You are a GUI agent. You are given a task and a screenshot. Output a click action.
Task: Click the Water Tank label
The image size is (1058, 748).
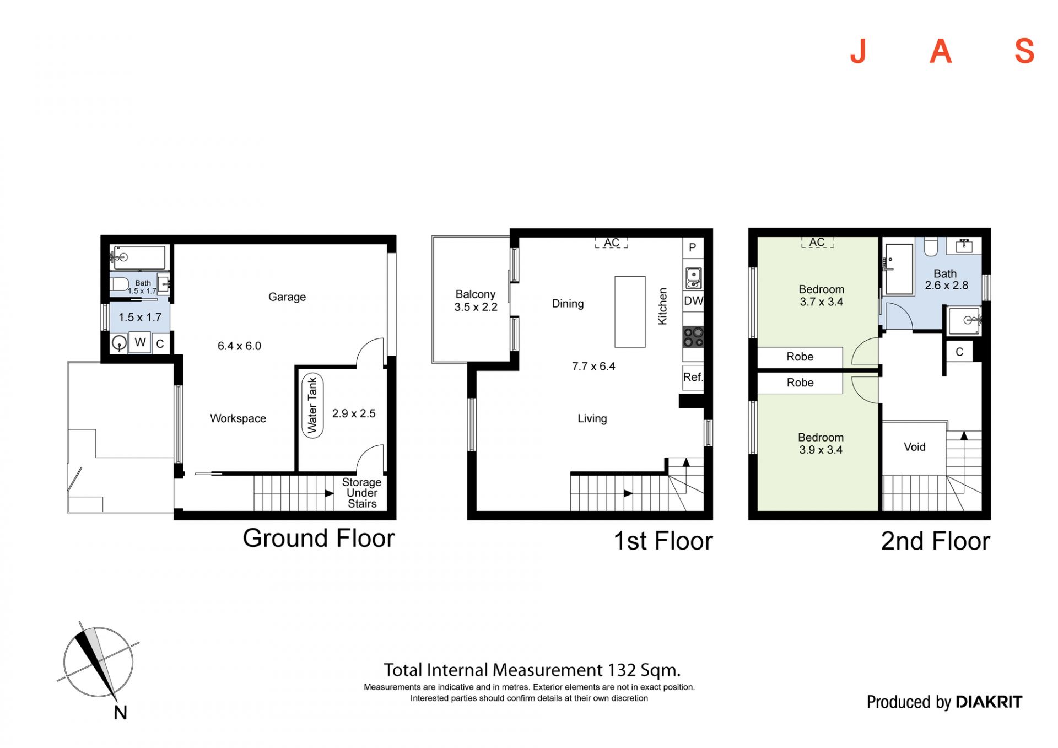coord(312,405)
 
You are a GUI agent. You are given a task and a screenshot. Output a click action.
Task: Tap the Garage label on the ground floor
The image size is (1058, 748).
coord(287,297)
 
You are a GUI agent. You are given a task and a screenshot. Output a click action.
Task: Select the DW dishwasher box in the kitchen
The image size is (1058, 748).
coord(693,301)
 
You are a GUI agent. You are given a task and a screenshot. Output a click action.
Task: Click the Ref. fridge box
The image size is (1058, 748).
coord(693,378)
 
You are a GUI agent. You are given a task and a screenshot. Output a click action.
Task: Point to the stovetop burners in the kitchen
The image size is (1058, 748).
coord(693,337)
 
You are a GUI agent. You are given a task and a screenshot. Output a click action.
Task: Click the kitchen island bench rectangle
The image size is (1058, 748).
coord(630,312)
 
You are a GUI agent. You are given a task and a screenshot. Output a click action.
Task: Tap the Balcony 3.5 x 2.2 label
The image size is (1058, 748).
coord(476,301)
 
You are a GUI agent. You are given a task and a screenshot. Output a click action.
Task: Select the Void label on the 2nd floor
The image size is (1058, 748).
coord(915,447)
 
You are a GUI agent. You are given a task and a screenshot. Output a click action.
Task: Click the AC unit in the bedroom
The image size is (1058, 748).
coord(817,242)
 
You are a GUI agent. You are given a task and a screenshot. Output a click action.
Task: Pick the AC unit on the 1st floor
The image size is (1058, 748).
coord(612,243)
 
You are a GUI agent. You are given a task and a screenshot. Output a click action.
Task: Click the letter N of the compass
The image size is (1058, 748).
coord(120,713)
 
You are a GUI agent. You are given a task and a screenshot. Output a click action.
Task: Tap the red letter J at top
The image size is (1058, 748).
coord(859,51)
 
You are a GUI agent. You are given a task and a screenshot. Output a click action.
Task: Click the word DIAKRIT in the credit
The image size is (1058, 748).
coord(989,702)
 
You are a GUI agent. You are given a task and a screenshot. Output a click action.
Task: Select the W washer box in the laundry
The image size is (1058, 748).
coord(140,342)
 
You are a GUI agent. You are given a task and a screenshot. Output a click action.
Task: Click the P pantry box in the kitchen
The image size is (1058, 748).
coord(693,247)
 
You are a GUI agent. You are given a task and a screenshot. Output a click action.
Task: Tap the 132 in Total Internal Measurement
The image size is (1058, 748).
coord(622,670)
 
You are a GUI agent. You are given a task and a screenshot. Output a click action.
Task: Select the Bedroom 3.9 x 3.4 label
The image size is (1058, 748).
coord(821,444)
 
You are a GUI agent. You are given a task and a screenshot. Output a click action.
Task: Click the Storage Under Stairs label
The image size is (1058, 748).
coord(361,493)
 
